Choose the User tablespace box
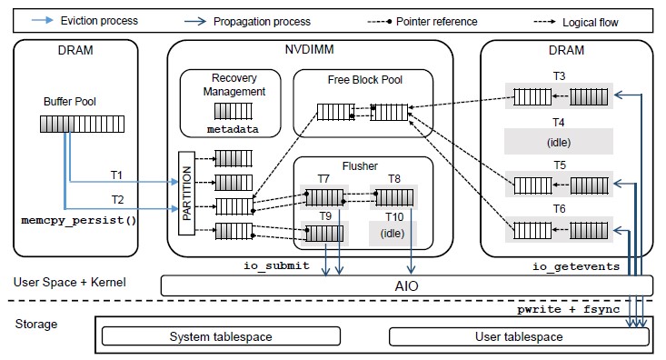pos(519,337)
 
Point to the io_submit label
pos(276,265)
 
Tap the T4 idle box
pos(559,140)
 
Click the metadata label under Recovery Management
pos(232,130)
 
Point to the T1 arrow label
pos(117,175)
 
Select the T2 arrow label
pos(117,199)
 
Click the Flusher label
pos(360,165)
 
